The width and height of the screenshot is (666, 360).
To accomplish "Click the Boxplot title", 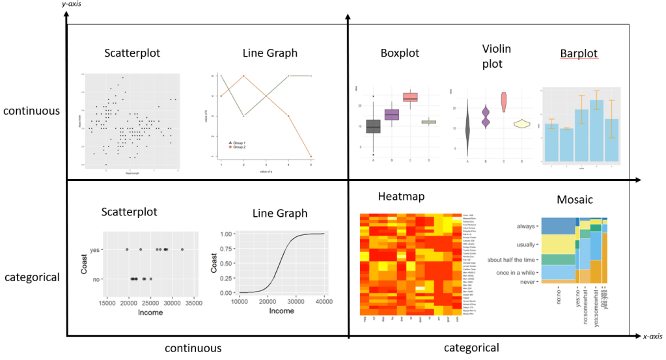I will pos(400,53).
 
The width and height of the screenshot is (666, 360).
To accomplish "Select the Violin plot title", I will pos(497,56).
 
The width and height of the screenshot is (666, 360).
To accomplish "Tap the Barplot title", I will pos(578,53).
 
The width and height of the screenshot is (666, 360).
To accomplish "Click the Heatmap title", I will pos(400,197).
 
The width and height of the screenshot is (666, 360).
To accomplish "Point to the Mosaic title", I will pos(575,200).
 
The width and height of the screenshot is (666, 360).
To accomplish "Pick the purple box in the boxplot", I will pos(392,115).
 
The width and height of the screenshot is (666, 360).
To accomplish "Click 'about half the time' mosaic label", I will pos(512,259).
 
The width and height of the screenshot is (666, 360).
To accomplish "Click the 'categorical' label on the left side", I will pos(32,277).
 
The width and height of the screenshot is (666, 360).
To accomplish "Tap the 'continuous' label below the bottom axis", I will pos(193,348).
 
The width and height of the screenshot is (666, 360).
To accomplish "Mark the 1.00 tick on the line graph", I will pos(227,233).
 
